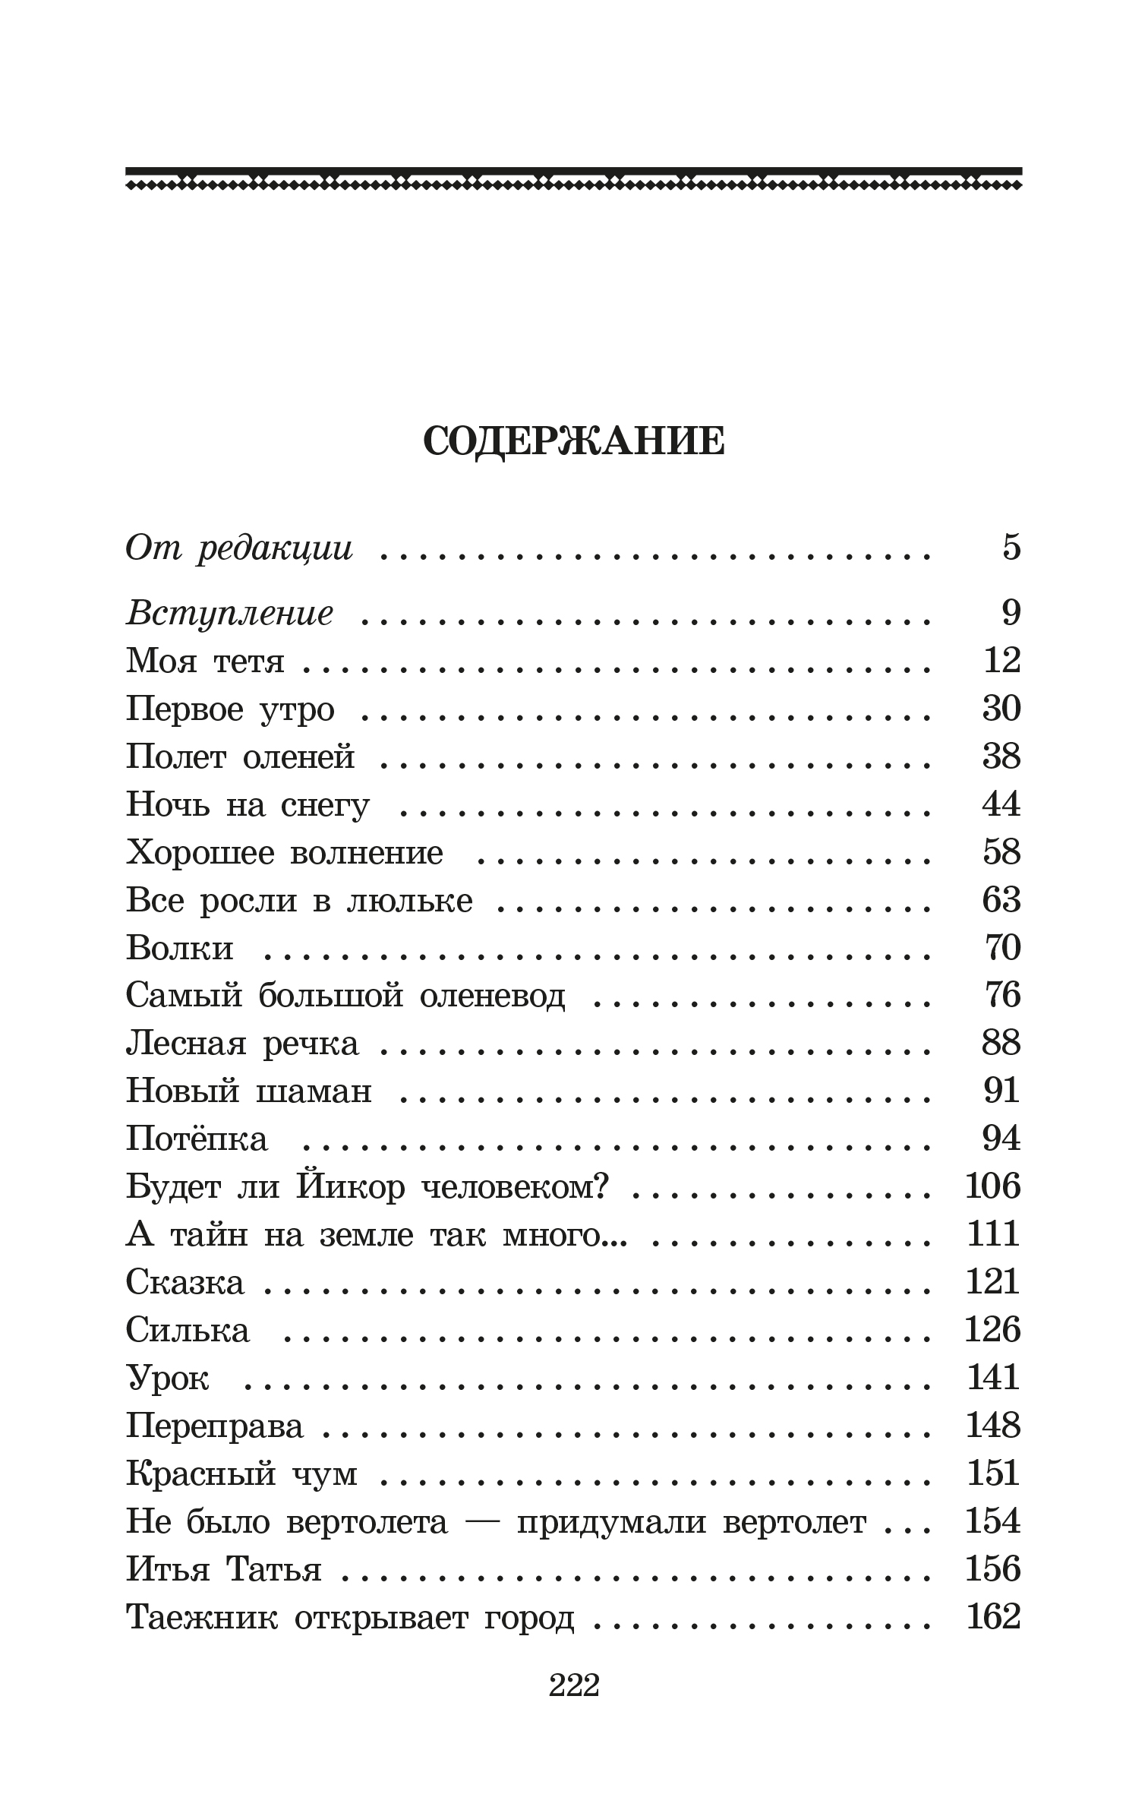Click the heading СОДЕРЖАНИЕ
pyautogui.click(x=573, y=441)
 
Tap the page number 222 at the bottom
pyautogui.click(x=574, y=1685)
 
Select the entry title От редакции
pyautogui.click(x=239, y=548)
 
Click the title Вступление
pyautogui.click(x=229, y=613)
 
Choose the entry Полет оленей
pyautogui.click(x=240, y=756)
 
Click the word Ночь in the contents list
pyautogui.click(x=167, y=804)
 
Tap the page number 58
pyautogui.click(x=1001, y=852)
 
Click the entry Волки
pyautogui.click(x=180, y=948)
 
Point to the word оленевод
pyautogui.click(x=492, y=996)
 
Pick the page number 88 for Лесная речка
pyautogui.click(x=1001, y=1044)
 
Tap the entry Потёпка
pyautogui.click(x=197, y=1139)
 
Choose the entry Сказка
pyautogui.click(x=185, y=1283)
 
